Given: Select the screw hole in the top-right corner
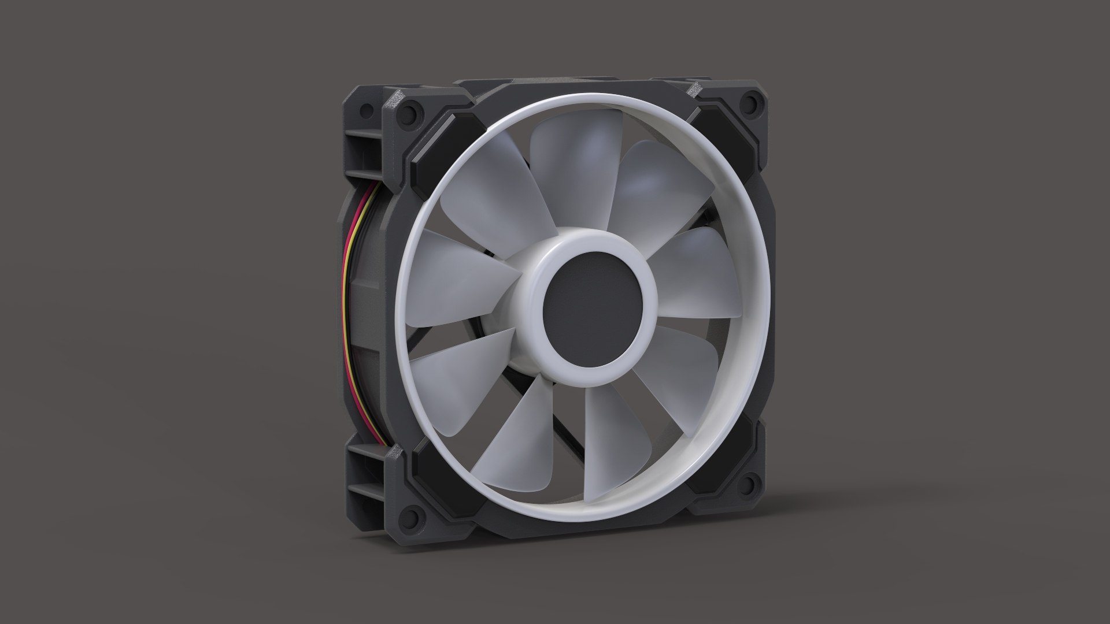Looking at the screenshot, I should click(x=751, y=103).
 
